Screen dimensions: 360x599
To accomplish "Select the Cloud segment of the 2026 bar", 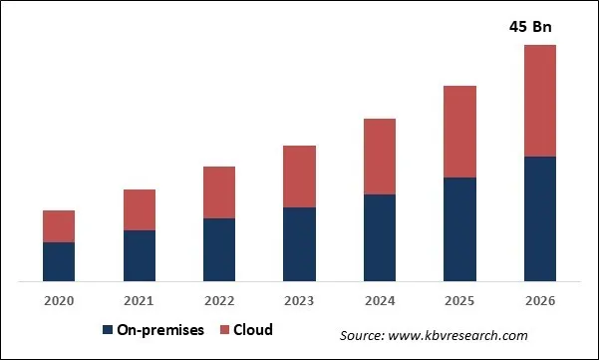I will (x=539, y=100).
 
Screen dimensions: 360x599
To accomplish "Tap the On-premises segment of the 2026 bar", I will (x=539, y=218).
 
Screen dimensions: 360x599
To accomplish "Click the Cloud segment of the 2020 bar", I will (x=59, y=226).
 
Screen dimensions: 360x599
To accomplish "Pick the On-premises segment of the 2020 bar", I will (x=59, y=261).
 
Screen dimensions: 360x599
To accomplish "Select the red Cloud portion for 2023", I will (x=299, y=177).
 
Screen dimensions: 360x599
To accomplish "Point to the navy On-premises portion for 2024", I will (x=380, y=237).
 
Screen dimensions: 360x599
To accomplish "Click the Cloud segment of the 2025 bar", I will (x=459, y=132).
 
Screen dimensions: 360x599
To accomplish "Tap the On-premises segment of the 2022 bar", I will (x=219, y=249).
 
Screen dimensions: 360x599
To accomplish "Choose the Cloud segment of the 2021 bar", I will (x=140, y=209).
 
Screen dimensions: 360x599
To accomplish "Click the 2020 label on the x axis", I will (x=59, y=300).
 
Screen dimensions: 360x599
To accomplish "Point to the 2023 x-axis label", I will (x=299, y=300).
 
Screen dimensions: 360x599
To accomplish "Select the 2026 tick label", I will (x=539, y=300).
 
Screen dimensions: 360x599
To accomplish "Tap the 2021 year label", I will (x=140, y=300).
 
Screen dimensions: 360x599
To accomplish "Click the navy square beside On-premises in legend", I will (x=107, y=330).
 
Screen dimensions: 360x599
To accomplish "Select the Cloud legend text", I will (x=254, y=330).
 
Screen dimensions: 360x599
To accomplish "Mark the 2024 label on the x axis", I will (x=380, y=300).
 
